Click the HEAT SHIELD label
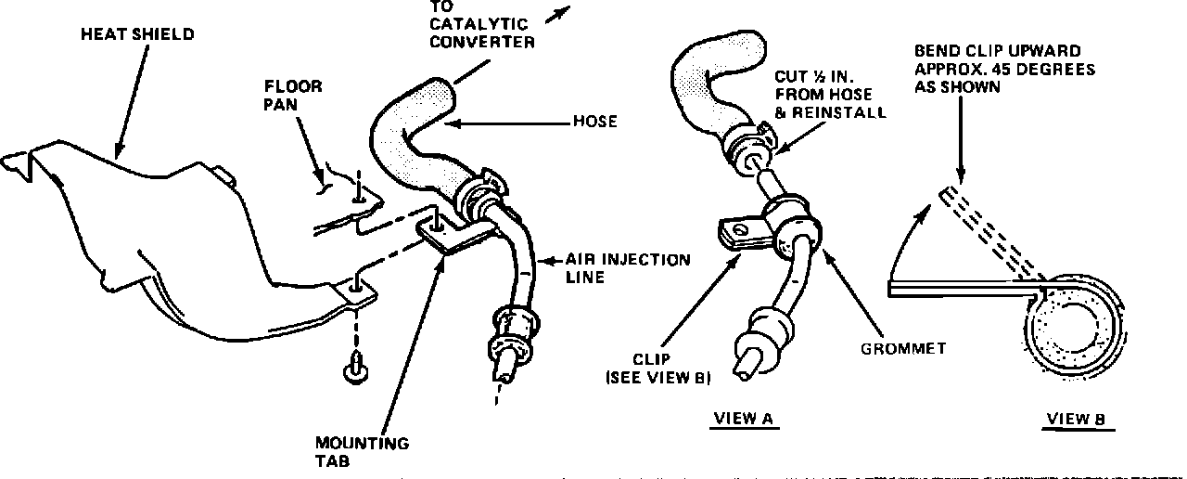137,34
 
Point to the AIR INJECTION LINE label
629,268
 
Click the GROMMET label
903,349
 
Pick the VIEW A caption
743,419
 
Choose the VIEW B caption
1077,419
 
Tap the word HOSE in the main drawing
595,122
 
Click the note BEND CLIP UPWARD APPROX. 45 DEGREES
992,70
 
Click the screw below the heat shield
353,368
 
